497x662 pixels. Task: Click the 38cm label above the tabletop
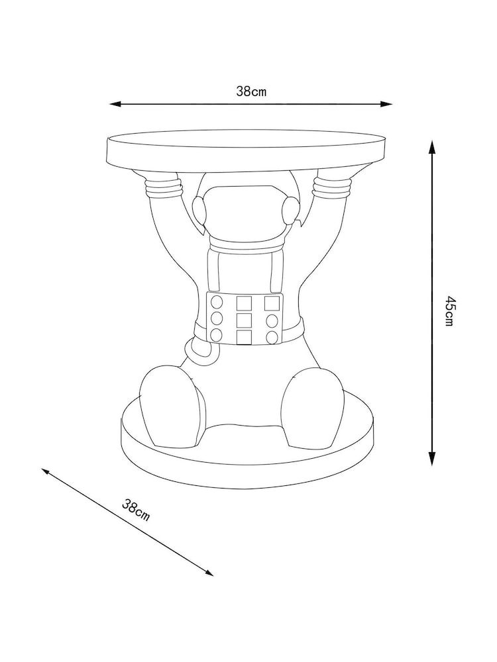click(x=251, y=92)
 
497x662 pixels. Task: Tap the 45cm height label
click(x=449, y=311)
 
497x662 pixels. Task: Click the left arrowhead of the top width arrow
click(x=114, y=104)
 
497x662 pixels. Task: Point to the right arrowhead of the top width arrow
click(x=388, y=104)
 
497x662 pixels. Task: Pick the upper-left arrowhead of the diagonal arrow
click(x=45, y=471)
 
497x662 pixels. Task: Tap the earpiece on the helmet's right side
click(x=289, y=211)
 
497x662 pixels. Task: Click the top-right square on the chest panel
click(x=272, y=303)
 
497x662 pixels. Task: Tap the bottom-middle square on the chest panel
click(x=244, y=338)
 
